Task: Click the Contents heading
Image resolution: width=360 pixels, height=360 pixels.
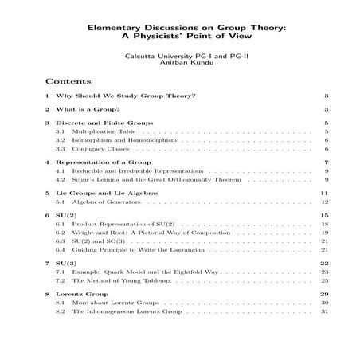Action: [x=68, y=81]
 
